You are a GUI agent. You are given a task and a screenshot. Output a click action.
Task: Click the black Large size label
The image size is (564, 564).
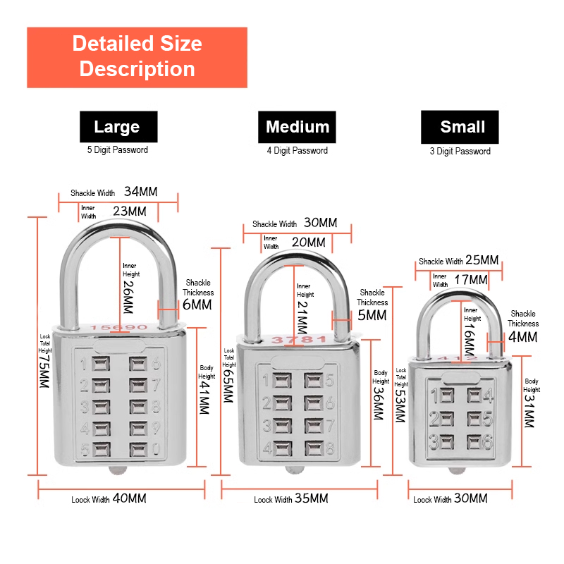pyautogui.click(x=117, y=127)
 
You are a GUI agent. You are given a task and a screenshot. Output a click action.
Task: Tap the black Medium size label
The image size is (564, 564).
pyautogui.click(x=298, y=127)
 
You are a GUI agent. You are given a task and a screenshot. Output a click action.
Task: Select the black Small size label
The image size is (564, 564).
pyautogui.click(x=462, y=127)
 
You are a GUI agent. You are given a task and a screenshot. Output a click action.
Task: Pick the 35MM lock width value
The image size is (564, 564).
pyautogui.click(x=311, y=498)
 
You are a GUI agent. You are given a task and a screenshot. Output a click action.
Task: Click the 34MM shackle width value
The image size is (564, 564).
pyautogui.click(x=141, y=192)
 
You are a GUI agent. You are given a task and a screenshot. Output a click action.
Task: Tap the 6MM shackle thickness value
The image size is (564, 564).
pyautogui.click(x=197, y=305)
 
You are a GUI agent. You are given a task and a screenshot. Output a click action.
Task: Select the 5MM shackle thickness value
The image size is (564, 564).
pyautogui.click(x=372, y=315)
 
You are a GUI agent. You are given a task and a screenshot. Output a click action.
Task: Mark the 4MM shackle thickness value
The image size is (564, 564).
pyautogui.click(x=523, y=337)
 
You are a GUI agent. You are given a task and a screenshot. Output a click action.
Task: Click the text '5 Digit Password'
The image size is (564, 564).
pyautogui.click(x=118, y=149)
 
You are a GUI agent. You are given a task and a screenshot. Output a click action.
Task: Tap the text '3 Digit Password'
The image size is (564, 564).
pyautogui.click(x=460, y=151)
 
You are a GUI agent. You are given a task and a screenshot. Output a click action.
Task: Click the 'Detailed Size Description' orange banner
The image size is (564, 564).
pyautogui.click(x=137, y=57)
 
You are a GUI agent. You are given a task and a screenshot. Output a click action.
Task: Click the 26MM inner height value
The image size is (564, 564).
pyautogui.click(x=128, y=297)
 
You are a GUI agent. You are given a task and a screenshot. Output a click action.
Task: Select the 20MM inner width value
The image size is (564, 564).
pyautogui.click(x=308, y=243)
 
